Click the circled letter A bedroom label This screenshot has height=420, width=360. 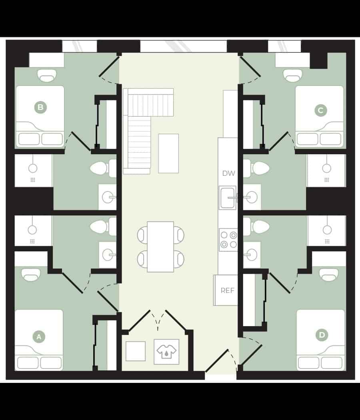[x=39, y=337]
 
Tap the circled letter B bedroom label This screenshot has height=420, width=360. [x=40, y=107]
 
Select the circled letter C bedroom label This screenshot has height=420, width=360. [x=320, y=110]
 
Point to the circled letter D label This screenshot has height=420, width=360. [x=322, y=335]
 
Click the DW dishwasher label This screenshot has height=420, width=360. [x=228, y=173]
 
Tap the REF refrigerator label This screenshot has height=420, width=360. [x=228, y=291]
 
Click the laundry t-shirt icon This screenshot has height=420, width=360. [x=166, y=352]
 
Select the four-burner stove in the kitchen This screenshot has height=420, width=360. [x=228, y=240]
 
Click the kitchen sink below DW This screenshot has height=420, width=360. [x=227, y=197]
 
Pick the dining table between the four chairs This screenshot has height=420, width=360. [x=160, y=247]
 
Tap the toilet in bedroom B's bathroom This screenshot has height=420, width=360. [x=100, y=168]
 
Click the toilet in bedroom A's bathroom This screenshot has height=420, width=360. [x=100, y=227]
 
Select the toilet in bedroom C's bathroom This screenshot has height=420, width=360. [x=260, y=168]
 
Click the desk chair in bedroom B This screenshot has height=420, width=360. [x=47, y=75]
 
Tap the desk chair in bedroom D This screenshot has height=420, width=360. [x=328, y=275]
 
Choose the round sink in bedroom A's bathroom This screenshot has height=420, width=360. [x=107, y=254]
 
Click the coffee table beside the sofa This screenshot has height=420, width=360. [x=168, y=153]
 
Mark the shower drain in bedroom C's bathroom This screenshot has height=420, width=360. [x=326, y=180]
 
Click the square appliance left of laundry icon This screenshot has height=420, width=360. [x=136, y=351]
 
